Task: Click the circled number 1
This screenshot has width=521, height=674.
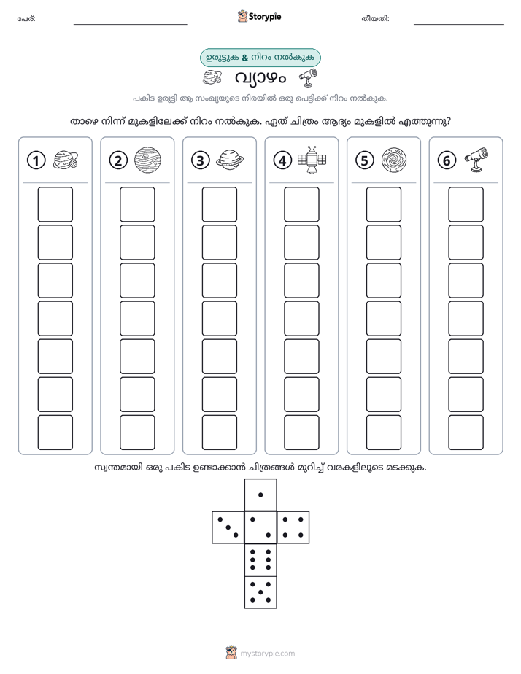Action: pos(36,160)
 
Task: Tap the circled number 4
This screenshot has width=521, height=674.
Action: pos(282,160)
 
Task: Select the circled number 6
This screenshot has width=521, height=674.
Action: pos(447,160)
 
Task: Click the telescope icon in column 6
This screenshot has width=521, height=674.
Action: pos(476,160)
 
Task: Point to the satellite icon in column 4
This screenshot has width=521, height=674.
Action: pos(312,160)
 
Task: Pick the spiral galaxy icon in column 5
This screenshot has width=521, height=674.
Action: pos(394,160)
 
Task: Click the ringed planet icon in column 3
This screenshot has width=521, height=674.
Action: pos(230,160)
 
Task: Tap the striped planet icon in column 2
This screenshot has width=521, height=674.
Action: pos(148,160)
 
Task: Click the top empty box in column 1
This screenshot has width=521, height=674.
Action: pos(55,204)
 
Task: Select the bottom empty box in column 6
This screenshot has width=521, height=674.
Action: pos(466,433)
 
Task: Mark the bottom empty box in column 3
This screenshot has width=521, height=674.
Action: pos(219,433)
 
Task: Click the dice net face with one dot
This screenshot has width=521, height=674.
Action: pos(260,495)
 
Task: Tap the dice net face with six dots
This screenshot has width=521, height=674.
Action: pos(260,559)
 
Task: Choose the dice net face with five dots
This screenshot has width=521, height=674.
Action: pos(260,592)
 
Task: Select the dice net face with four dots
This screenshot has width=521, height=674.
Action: pos(293,527)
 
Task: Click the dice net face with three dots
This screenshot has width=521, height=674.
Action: pos(228,527)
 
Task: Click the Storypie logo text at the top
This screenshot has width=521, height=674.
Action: pos(265,17)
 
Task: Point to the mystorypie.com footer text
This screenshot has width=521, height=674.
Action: pos(267,654)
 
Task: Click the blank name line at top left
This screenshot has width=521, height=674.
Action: pos(130,24)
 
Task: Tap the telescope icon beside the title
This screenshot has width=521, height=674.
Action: pos(308,77)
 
